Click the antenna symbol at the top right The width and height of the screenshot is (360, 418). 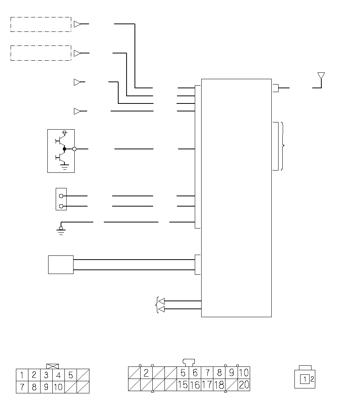point(321,76)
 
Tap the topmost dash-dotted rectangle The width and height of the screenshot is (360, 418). point(41,17)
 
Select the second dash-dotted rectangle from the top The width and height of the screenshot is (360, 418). point(41,46)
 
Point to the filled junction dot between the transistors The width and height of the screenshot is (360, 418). point(64,149)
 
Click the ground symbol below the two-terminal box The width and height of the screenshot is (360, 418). point(61,231)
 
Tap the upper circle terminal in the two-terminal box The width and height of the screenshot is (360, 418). point(61,196)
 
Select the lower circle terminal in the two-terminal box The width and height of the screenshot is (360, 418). point(61,206)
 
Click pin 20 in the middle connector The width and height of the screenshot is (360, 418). point(244,385)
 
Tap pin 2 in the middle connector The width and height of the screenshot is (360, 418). point(146,373)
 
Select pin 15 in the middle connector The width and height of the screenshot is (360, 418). point(183,385)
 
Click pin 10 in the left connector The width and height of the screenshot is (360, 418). point(58,387)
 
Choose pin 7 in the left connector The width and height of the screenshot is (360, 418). point(22,387)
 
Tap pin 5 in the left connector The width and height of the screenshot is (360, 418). point(70,375)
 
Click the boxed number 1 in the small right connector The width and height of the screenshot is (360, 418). point(305,379)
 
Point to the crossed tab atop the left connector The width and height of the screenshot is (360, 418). point(52,366)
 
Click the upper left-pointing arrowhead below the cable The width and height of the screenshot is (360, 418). point(161,301)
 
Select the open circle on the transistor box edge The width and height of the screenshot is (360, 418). point(74,149)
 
